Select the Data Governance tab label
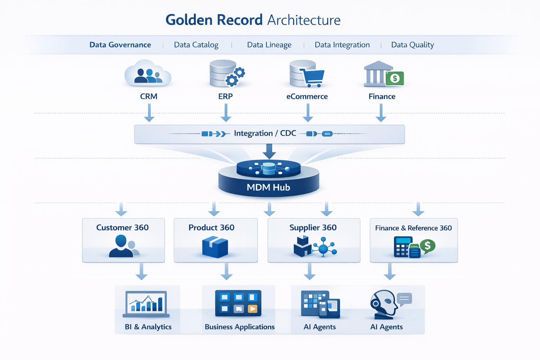tap(120, 45)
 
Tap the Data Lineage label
tap(269, 45)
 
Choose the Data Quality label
tap(412, 45)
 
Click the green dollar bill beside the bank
tap(394, 78)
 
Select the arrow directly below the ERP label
tap(226, 113)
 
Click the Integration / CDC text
tap(265, 134)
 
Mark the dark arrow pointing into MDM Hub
tap(269, 152)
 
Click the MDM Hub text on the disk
tap(268, 187)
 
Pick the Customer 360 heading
tap(122, 228)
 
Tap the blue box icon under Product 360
tap(215, 247)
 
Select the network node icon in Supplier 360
tap(323, 248)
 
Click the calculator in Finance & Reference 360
tap(402, 247)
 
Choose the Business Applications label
tap(239, 327)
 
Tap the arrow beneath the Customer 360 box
tap(141, 272)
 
